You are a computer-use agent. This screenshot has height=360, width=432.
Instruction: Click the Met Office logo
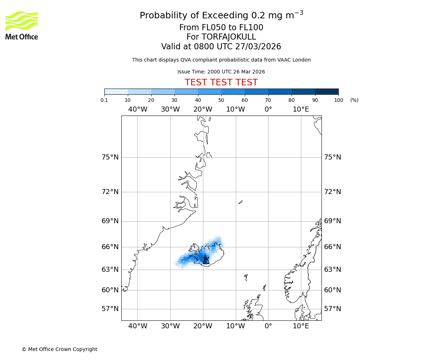[x=22, y=25]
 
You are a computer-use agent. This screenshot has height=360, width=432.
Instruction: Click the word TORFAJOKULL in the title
[x=229, y=37]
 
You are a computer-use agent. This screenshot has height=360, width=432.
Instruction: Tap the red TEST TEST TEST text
[x=221, y=82]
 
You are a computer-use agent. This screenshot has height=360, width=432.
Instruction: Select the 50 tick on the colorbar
[x=221, y=100]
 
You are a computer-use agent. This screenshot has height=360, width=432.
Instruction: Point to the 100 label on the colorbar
[x=338, y=100]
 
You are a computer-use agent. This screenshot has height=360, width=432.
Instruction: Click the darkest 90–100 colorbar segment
[x=327, y=91]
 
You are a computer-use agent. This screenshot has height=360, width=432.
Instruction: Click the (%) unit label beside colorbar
[x=354, y=100]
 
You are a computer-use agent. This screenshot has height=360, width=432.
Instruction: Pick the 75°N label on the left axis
[x=110, y=157]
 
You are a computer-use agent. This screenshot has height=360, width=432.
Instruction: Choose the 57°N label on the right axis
[x=333, y=309]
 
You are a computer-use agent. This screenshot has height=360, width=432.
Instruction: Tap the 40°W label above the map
[x=138, y=109]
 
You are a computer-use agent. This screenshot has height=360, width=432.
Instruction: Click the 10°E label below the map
[x=301, y=326]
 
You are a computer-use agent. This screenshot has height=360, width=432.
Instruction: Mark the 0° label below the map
[x=268, y=326]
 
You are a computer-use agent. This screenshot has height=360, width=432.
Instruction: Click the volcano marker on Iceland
[x=206, y=260]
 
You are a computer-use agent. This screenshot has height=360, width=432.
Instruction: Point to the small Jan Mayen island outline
[x=240, y=202]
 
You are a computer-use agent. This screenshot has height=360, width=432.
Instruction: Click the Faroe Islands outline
[x=246, y=277]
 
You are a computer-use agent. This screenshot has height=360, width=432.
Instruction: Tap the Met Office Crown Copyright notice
[x=59, y=349]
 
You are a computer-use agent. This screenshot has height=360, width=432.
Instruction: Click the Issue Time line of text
[x=221, y=72]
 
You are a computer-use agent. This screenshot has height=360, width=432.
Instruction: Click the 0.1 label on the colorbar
[x=104, y=100]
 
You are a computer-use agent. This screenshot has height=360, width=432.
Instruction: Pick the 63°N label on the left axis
[x=110, y=270]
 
